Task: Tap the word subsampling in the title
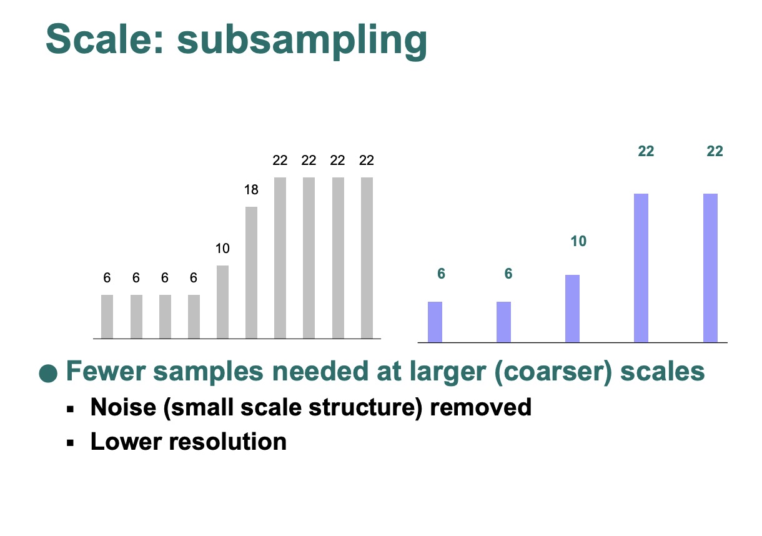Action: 302,42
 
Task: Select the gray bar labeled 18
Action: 251,272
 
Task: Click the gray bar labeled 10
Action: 222,302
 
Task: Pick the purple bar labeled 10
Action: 572,309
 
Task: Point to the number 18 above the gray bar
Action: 251,189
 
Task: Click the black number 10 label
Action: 222,249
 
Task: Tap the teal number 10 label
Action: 578,241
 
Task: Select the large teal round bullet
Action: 48,374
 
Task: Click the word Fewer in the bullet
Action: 106,370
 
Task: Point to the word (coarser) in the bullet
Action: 553,372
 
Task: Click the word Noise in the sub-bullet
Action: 123,407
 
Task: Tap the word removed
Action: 481,407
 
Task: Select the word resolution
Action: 228,442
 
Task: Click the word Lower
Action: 126,442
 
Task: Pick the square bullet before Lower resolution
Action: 71,443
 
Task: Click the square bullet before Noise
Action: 71,409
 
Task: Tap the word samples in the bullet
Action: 208,372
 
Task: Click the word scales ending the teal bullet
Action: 662,371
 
